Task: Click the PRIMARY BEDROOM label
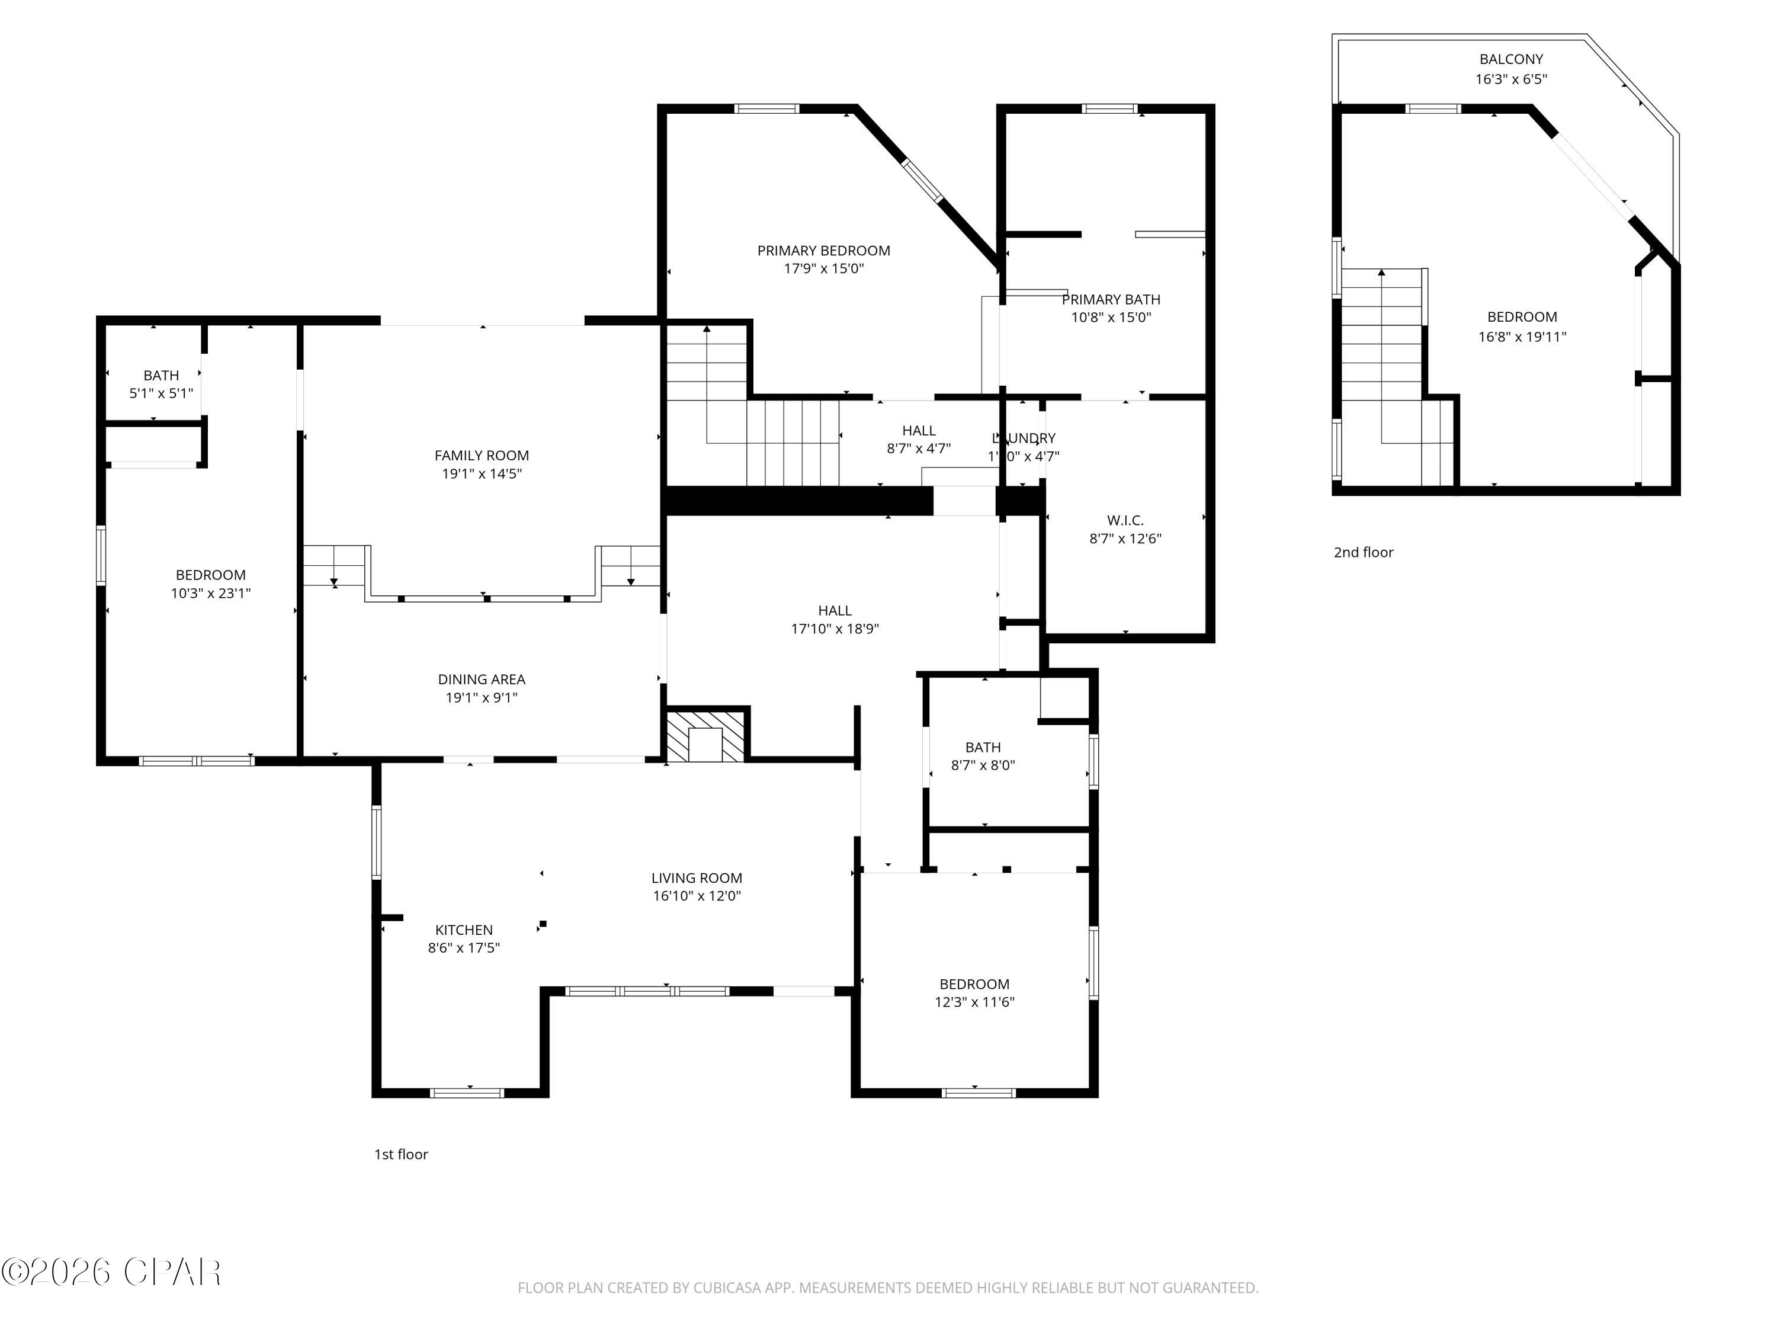[x=823, y=251]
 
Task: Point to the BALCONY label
[x=1511, y=59]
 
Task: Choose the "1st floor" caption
[x=401, y=1155]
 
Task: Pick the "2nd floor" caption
[x=1364, y=553]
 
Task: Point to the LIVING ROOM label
[x=697, y=878]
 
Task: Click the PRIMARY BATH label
[x=1111, y=300]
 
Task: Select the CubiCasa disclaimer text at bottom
[x=888, y=1288]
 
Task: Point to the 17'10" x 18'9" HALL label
[x=835, y=611]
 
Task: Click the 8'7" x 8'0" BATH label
[x=983, y=747]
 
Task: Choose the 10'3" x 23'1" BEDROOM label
[x=210, y=575]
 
